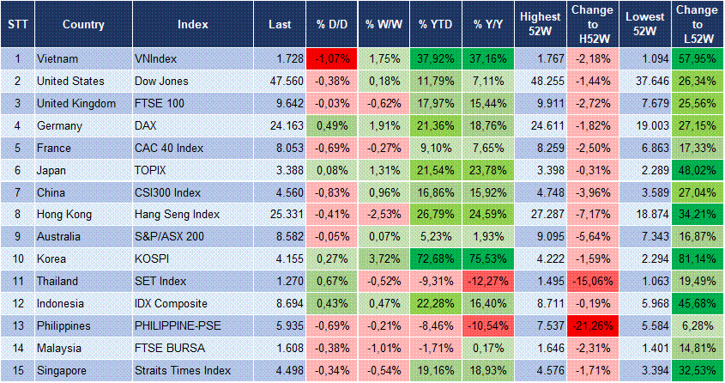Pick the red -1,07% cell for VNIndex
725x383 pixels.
tap(326, 58)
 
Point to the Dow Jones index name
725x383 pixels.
tap(162, 81)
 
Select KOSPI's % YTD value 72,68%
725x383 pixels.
tap(436, 258)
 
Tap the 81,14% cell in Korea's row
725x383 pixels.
tap(696, 258)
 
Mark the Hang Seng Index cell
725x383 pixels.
tap(178, 214)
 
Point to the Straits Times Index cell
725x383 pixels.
tap(183, 370)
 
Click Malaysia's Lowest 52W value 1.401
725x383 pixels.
tap(643, 348)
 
